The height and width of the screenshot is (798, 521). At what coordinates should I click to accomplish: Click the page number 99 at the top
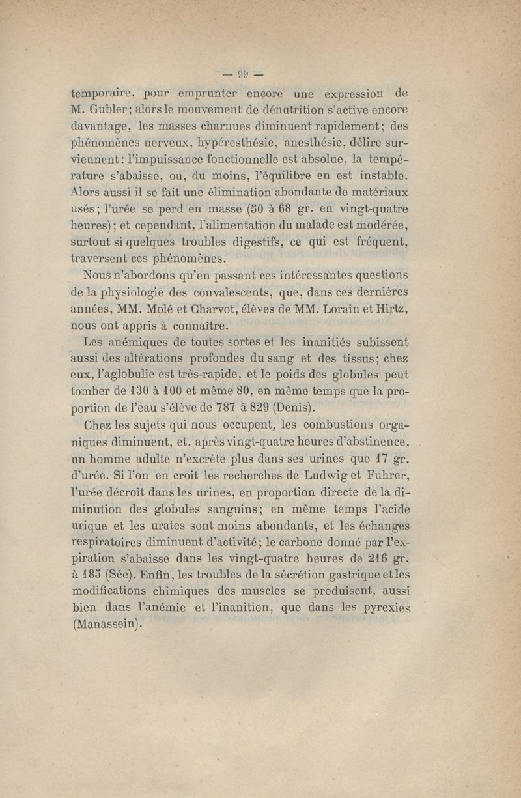point(240,72)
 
